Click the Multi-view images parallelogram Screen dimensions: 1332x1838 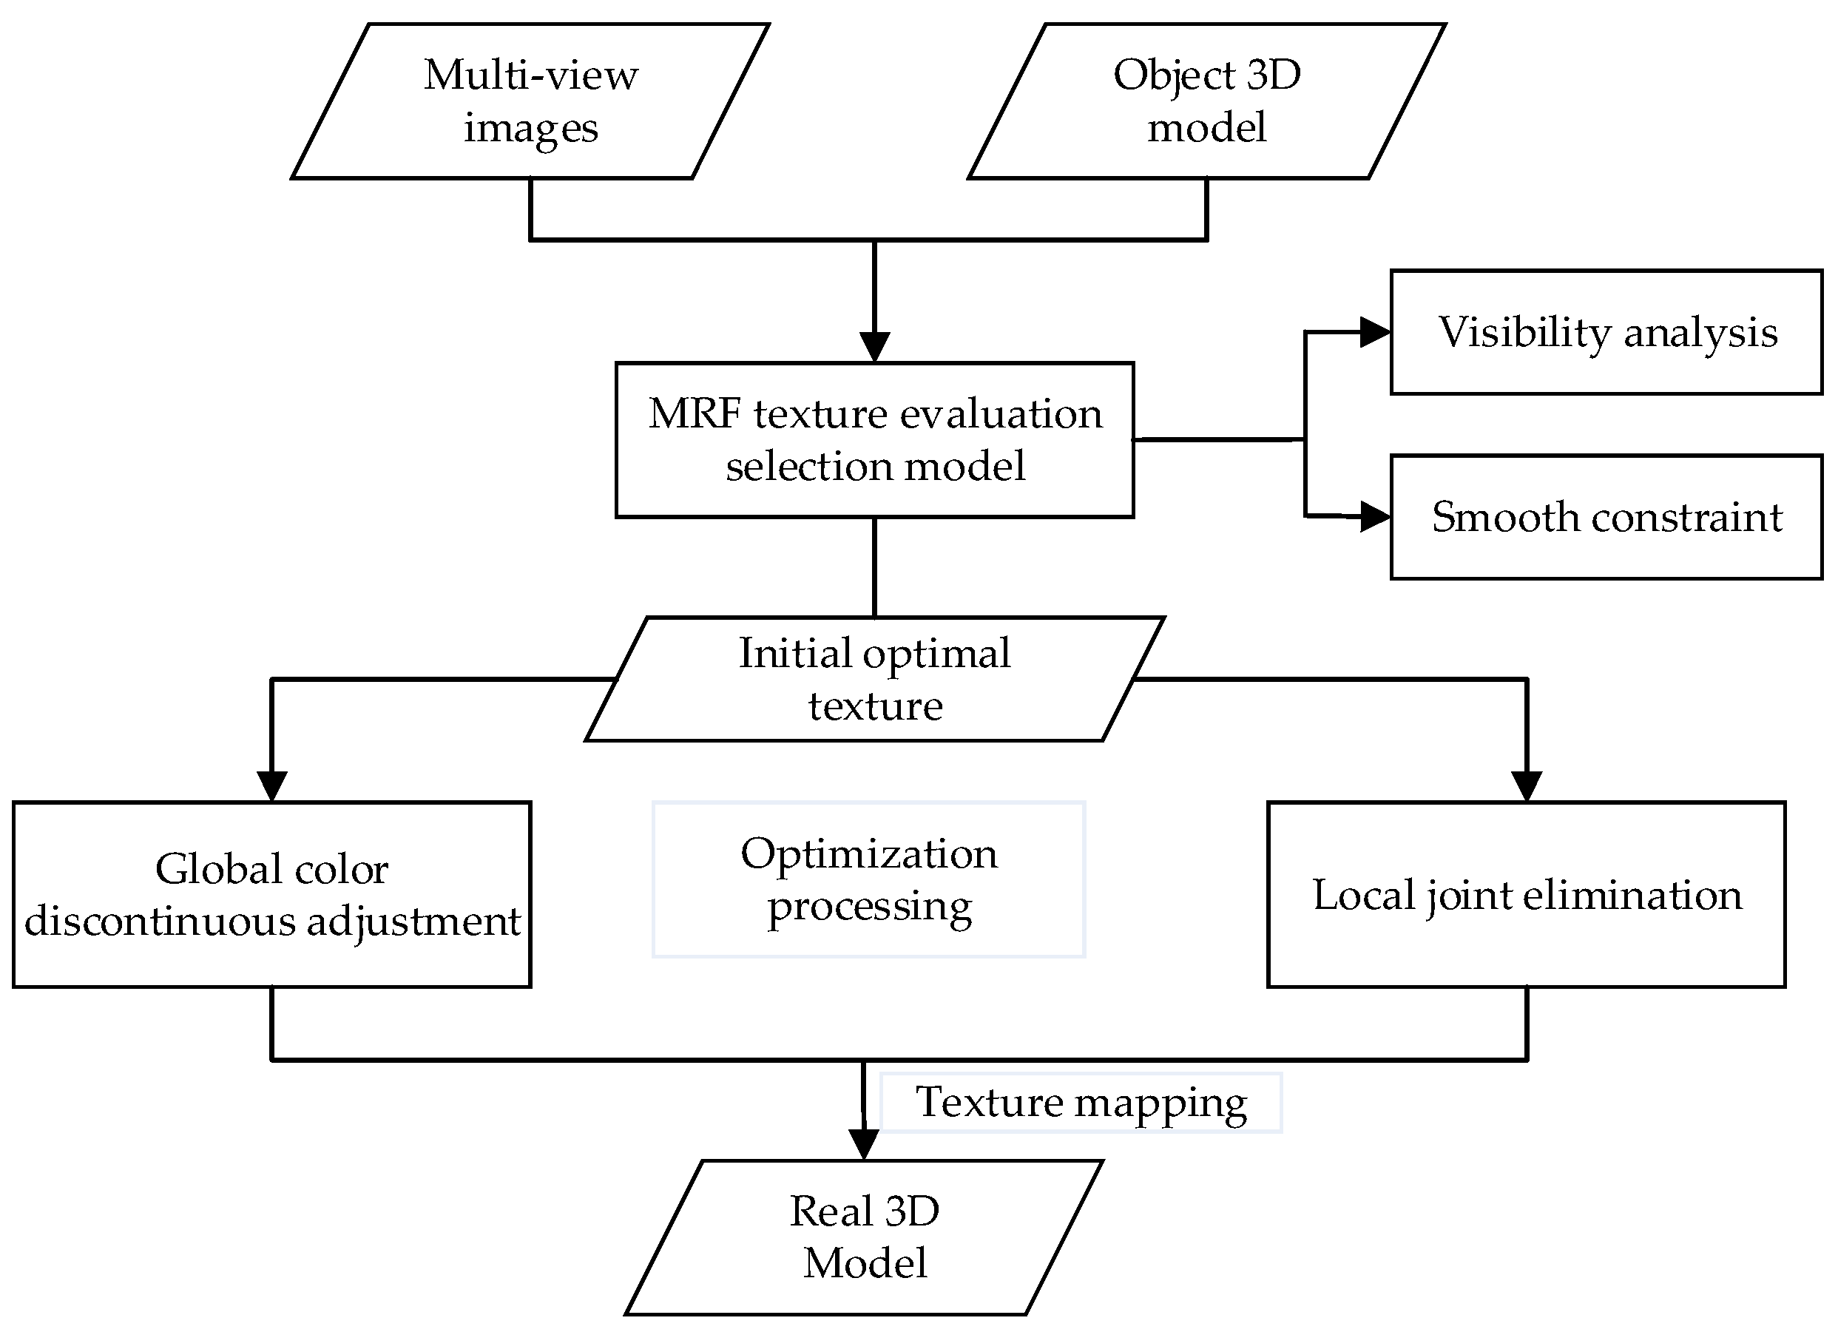pyautogui.click(x=531, y=101)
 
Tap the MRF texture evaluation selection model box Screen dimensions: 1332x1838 pyautogui.click(x=874, y=440)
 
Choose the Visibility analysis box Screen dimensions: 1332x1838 pyautogui.click(x=1606, y=332)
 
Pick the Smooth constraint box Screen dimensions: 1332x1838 pyautogui.click(x=1606, y=517)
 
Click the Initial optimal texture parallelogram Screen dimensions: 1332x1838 pyautogui.click(x=874, y=679)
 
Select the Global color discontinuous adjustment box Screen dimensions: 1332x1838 pyautogui.click(x=271, y=894)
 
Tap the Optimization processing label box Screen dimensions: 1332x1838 pyautogui.click(x=869, y=879)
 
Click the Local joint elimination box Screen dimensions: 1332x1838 pyautogui.click(x=1527, y=894)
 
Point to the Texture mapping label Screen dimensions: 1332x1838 pyautogui.click(x=1081, y=1103)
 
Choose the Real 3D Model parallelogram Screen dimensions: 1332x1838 pyautogui.click(x=864, y=1237)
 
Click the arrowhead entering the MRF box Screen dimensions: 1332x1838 pyautogui.click(x=874, y=347)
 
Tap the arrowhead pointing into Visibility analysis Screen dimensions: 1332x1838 pyautogui.click(x=1374, y=332)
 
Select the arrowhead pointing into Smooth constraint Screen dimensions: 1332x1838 pyautogui.click(x=1374, y=516)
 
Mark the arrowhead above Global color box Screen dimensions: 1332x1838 pyautogui.click(x=271, y=785)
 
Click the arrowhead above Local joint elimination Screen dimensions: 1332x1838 pyautogui.click(x=1527, y=785)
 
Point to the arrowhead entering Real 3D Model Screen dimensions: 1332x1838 pyautogui.click(x=863, y=1144)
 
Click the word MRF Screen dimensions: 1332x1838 pyautogui.click(x=695, y=414)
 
